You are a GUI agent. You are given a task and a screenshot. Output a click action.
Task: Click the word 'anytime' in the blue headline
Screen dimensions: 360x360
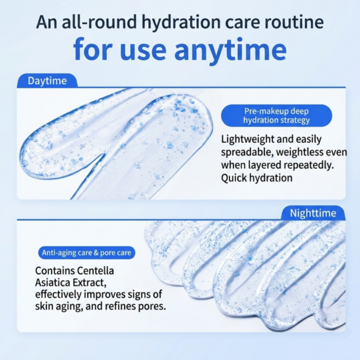(x=231, y=50)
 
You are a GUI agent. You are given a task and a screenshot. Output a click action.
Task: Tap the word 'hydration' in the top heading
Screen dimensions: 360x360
(x=181, y=22)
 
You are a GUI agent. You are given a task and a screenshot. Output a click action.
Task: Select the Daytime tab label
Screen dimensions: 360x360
(x=47, y=81)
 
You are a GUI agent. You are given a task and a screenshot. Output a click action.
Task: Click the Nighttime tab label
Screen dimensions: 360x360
(x=313, y=213)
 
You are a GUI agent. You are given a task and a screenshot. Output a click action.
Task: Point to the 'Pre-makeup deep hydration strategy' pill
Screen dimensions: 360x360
(x=277, y=116)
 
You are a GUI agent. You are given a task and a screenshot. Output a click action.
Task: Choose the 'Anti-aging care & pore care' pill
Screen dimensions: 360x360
(x=87, y=252)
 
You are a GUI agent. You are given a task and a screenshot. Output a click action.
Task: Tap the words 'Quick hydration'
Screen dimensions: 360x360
(x=257, y=178)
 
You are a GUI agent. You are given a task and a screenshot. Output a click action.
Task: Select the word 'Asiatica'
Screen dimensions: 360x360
(x=53, y=283)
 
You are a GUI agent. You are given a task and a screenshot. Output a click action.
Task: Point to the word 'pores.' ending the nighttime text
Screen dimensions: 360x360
(x=152, y=307)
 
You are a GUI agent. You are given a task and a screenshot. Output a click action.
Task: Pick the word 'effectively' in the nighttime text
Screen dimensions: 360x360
(x=58, y=295)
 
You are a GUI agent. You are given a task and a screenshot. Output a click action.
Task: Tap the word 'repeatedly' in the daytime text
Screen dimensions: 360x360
(x=308, y=166)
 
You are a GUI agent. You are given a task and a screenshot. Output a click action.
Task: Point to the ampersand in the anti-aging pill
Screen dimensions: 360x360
(x=96, y=253)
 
